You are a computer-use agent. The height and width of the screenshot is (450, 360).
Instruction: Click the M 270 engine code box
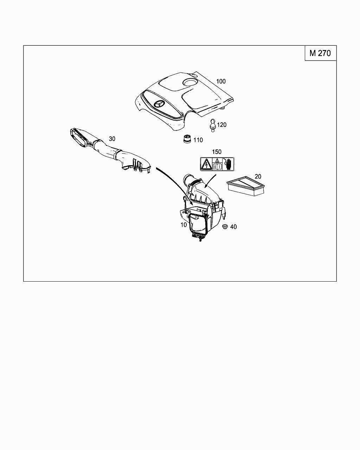[320, 53]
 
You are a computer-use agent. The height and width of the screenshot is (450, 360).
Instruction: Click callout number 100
[221, 81]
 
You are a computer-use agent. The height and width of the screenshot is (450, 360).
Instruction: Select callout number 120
[221, 125]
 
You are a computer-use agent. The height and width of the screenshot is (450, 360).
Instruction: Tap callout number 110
[198, 140]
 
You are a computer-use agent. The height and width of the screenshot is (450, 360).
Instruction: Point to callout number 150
[217, 152]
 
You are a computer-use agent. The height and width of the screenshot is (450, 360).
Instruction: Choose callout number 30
[112, 139]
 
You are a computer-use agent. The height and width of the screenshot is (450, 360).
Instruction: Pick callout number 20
[258, 176]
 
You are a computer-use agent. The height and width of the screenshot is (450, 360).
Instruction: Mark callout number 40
[233, 227]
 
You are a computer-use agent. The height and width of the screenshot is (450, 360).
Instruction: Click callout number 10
[184, 225]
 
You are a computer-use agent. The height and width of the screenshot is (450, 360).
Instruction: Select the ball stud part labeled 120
[212, 125]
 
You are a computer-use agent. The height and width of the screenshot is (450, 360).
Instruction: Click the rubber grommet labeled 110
[187, 140]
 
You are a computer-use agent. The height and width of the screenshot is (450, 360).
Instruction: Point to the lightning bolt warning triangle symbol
[205, 164]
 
